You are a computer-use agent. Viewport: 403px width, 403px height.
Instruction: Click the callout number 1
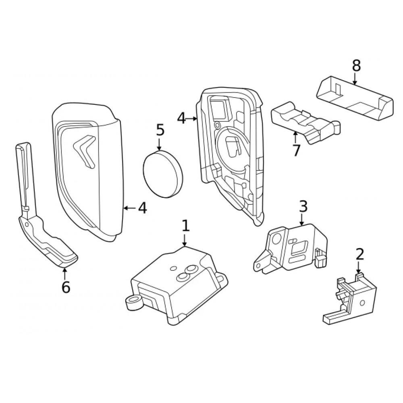coord(185,226)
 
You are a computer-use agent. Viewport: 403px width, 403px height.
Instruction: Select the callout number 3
coord(303,206)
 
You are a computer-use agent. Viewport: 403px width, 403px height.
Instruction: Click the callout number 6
coord(66,287)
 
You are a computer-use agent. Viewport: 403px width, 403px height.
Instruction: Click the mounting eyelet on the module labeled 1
coord(133,301)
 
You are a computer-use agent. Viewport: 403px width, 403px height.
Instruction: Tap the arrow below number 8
coord(355,79)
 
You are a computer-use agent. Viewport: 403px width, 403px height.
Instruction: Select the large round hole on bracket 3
coord(277,239)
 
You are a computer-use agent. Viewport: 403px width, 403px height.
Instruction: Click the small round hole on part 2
coord(362,303)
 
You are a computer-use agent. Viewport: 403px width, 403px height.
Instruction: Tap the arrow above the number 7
coord(295,137)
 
